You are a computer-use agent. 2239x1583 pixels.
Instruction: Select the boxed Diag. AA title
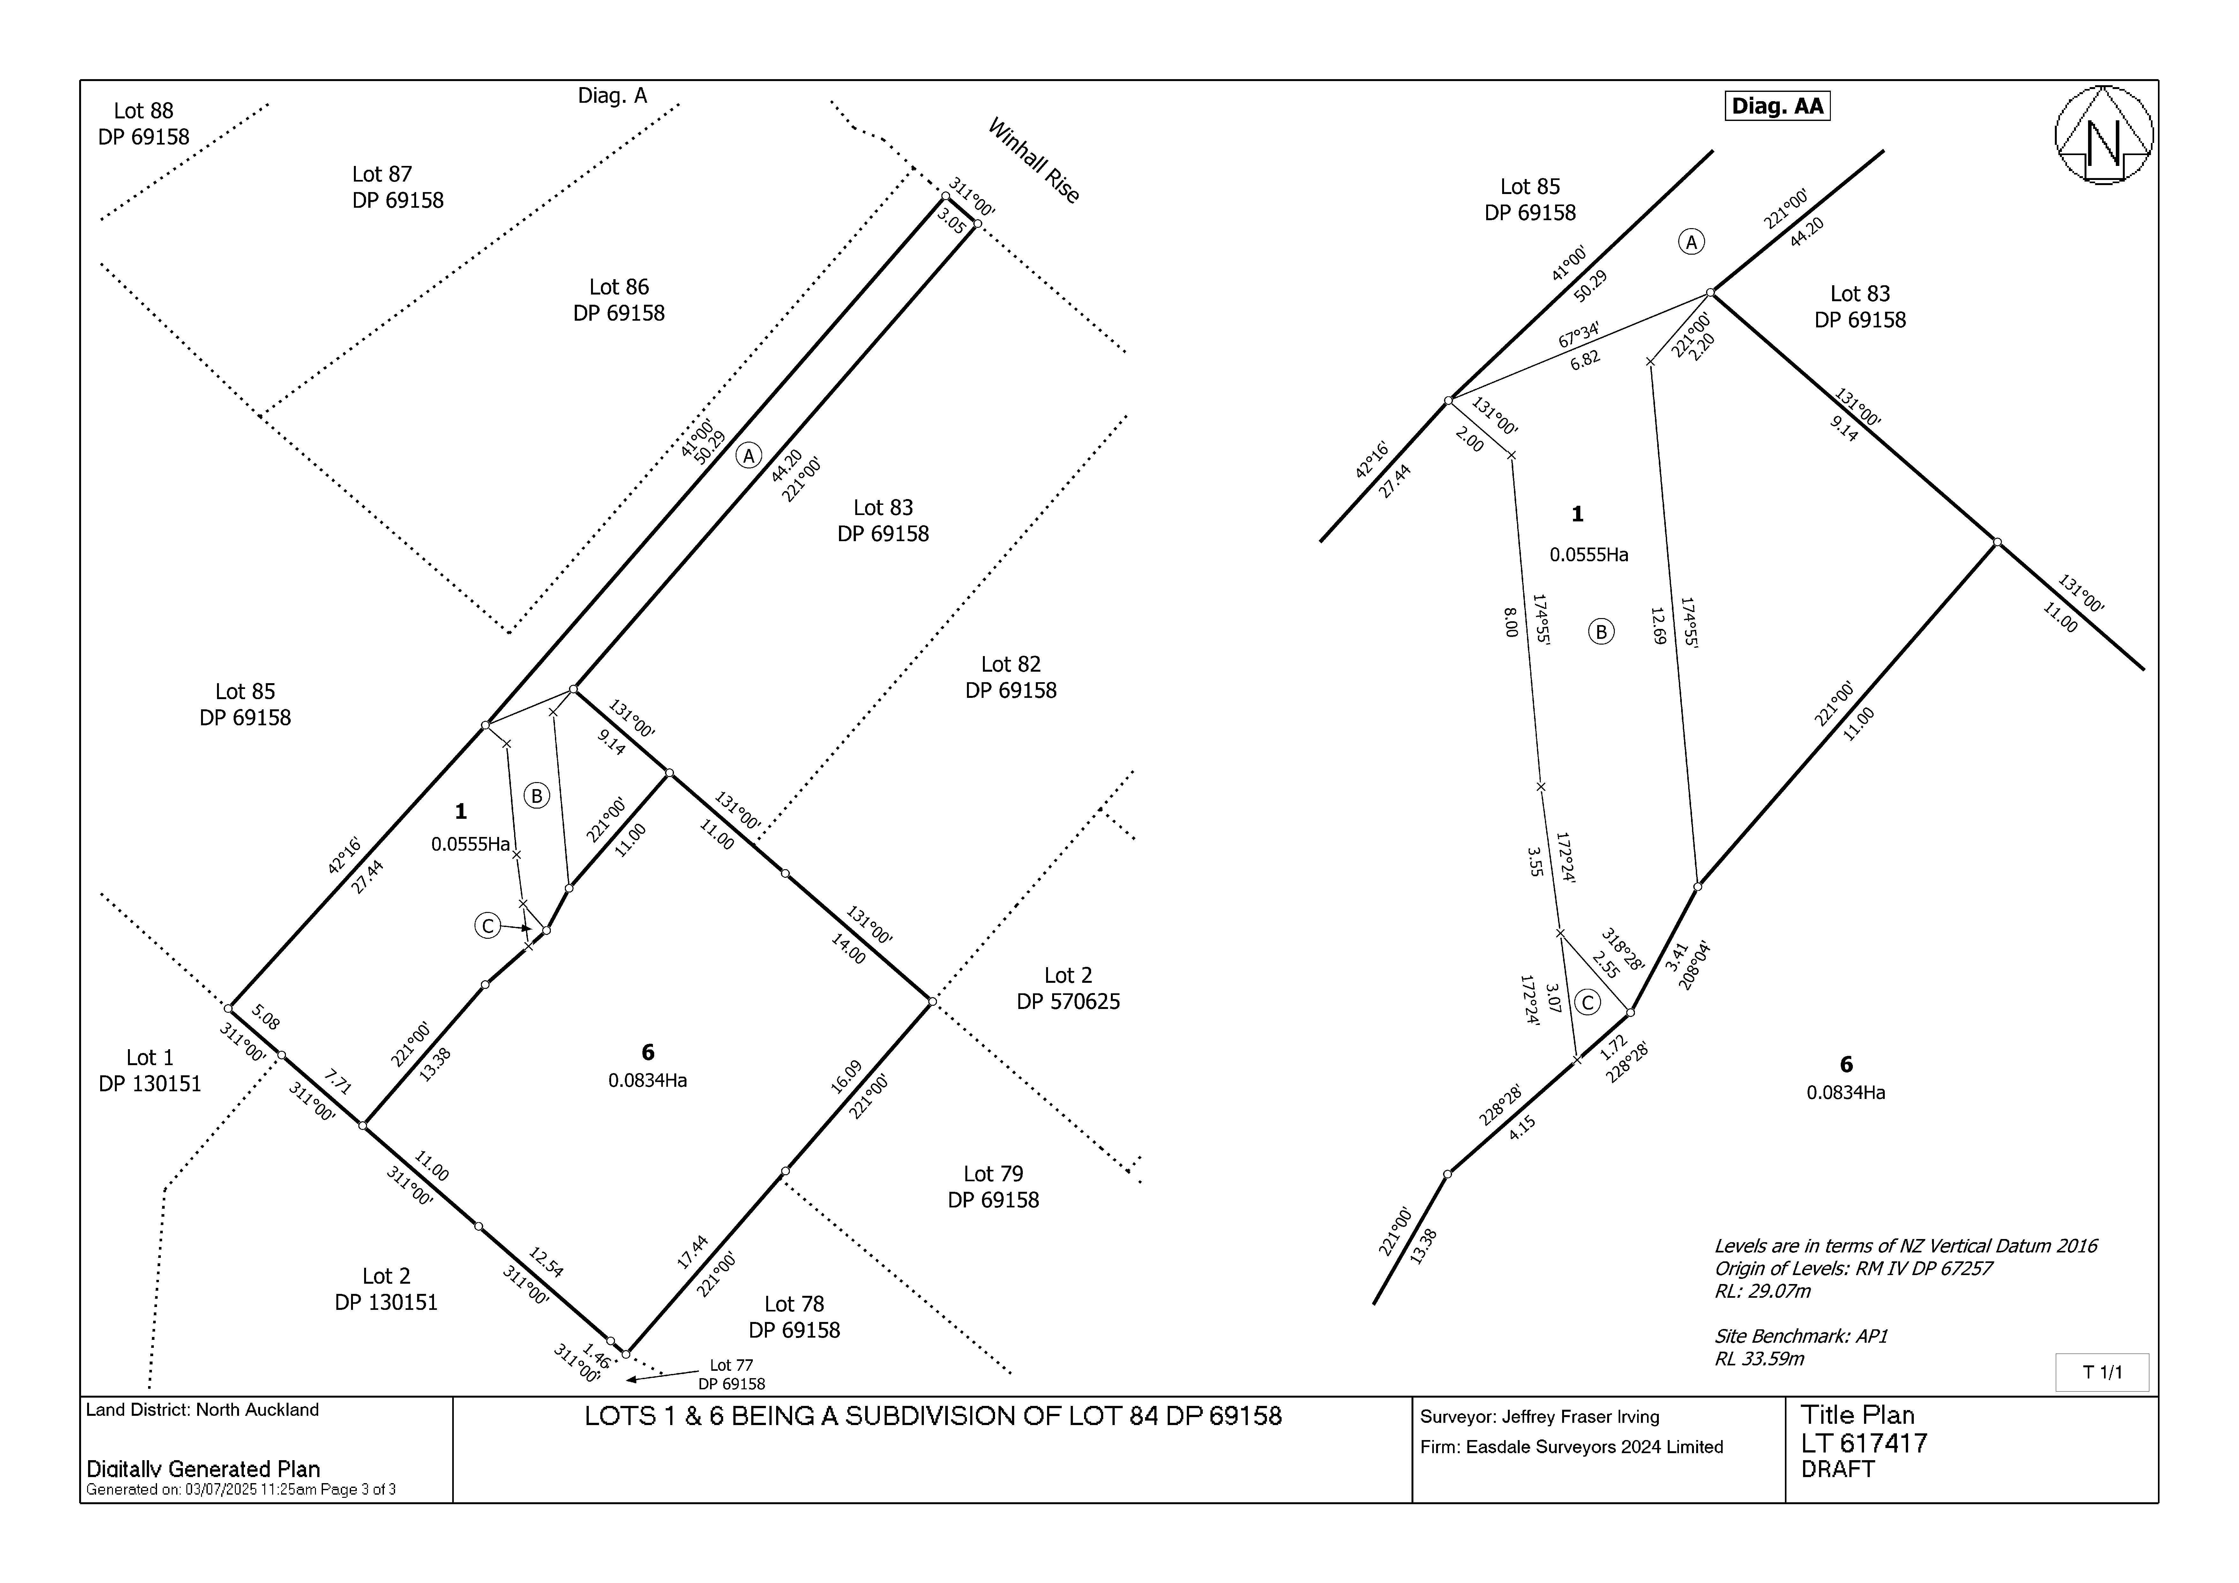1777,105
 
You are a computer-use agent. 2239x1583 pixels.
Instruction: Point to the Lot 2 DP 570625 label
1068,988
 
